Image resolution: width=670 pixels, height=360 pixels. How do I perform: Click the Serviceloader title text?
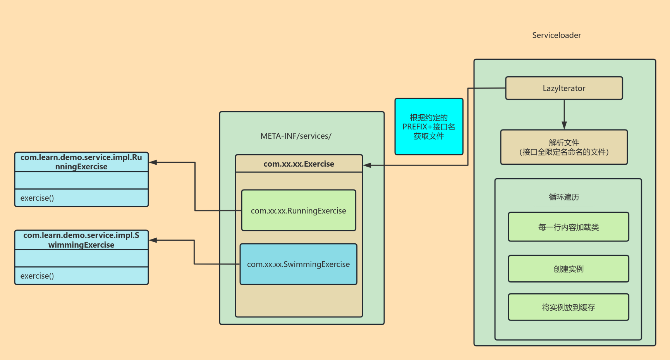pyautogui.click(x=557, y=35)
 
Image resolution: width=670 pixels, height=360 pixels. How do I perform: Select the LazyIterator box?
pyautogui.click(x=564, y=88)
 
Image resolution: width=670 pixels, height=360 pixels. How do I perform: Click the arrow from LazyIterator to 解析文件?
pyautogui.click(x=564, y=114)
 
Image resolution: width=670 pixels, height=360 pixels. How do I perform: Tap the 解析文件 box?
pyautogui.click(x=564, y=147)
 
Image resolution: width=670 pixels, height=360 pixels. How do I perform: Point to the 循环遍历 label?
pyautogui.click(x=564, y=197)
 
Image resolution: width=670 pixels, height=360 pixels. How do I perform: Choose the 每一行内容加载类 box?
pyautogui.click(x=568, y=227)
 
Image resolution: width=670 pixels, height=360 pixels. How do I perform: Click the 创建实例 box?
pyautogui.click(x=568, y=269)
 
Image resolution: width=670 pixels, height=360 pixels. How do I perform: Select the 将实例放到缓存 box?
pyautogui.click(x=568, y=307)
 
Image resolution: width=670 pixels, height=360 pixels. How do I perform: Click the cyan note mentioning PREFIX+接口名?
pyautogui.click(x=429, y=127)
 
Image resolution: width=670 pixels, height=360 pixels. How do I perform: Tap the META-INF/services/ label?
pyautogui.click(x=296, y=136)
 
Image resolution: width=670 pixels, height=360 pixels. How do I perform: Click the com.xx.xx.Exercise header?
pyautogui.click(x=299, y=164)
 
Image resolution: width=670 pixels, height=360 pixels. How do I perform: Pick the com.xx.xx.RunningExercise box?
pyautogui.click(x=298, y=211)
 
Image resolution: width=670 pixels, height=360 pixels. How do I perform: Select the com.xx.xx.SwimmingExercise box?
pyautogui.click(x=298, y=264)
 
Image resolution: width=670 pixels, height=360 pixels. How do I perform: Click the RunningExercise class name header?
pyautogui.click(x=81, y=162)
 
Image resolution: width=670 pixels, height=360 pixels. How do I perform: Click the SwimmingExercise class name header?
pyautogui.click(x=81, y=240)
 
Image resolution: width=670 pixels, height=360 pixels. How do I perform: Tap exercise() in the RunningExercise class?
pyautogui.click(x=37, y=198)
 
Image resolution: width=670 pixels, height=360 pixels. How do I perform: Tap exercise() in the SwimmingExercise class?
pyautogui.click(x=37, y=276)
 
